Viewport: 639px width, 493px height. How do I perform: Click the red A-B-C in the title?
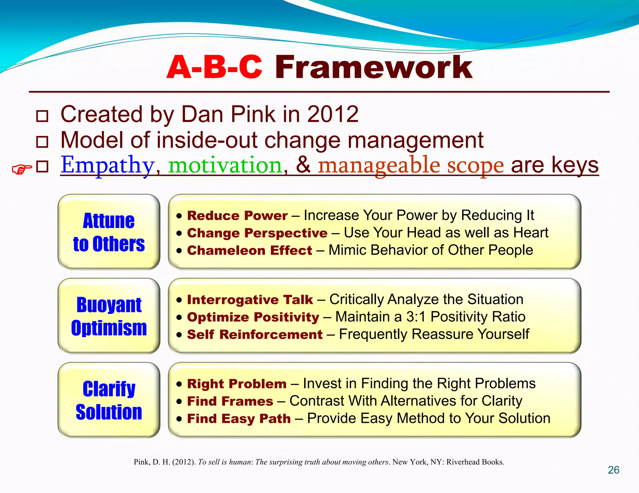click(x=214, y=67)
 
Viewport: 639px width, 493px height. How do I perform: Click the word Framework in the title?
click(x=373, y=67)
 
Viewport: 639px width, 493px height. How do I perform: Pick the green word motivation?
click(x=225, y=165)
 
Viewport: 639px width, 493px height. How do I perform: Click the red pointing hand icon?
click(x=22, y=169)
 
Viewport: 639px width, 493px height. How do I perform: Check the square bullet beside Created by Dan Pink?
click(x=42, y=116)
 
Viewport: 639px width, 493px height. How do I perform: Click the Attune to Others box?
click(x=109, y=232)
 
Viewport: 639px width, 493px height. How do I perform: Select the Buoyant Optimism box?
click(x=109, y=316)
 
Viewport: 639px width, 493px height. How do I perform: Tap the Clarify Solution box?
click(x=109, y=400)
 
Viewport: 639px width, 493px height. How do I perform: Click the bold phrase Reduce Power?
click(x=237, y=216)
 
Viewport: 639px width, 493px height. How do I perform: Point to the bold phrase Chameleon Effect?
click(x=249, y=251)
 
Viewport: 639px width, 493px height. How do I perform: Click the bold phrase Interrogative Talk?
click(x=250, y=300)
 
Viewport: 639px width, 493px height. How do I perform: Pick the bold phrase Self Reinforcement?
click(x=255, y=335)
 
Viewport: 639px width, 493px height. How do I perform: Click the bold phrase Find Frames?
click(x=230, y=401)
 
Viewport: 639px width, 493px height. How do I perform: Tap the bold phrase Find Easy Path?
click(x=239, y=419)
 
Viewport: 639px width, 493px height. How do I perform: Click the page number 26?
click(x=613, y=470)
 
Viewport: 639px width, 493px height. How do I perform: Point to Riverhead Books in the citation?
click(x=475, y=462)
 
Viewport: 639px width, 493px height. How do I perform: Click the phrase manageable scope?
click(x=411, y=165)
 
